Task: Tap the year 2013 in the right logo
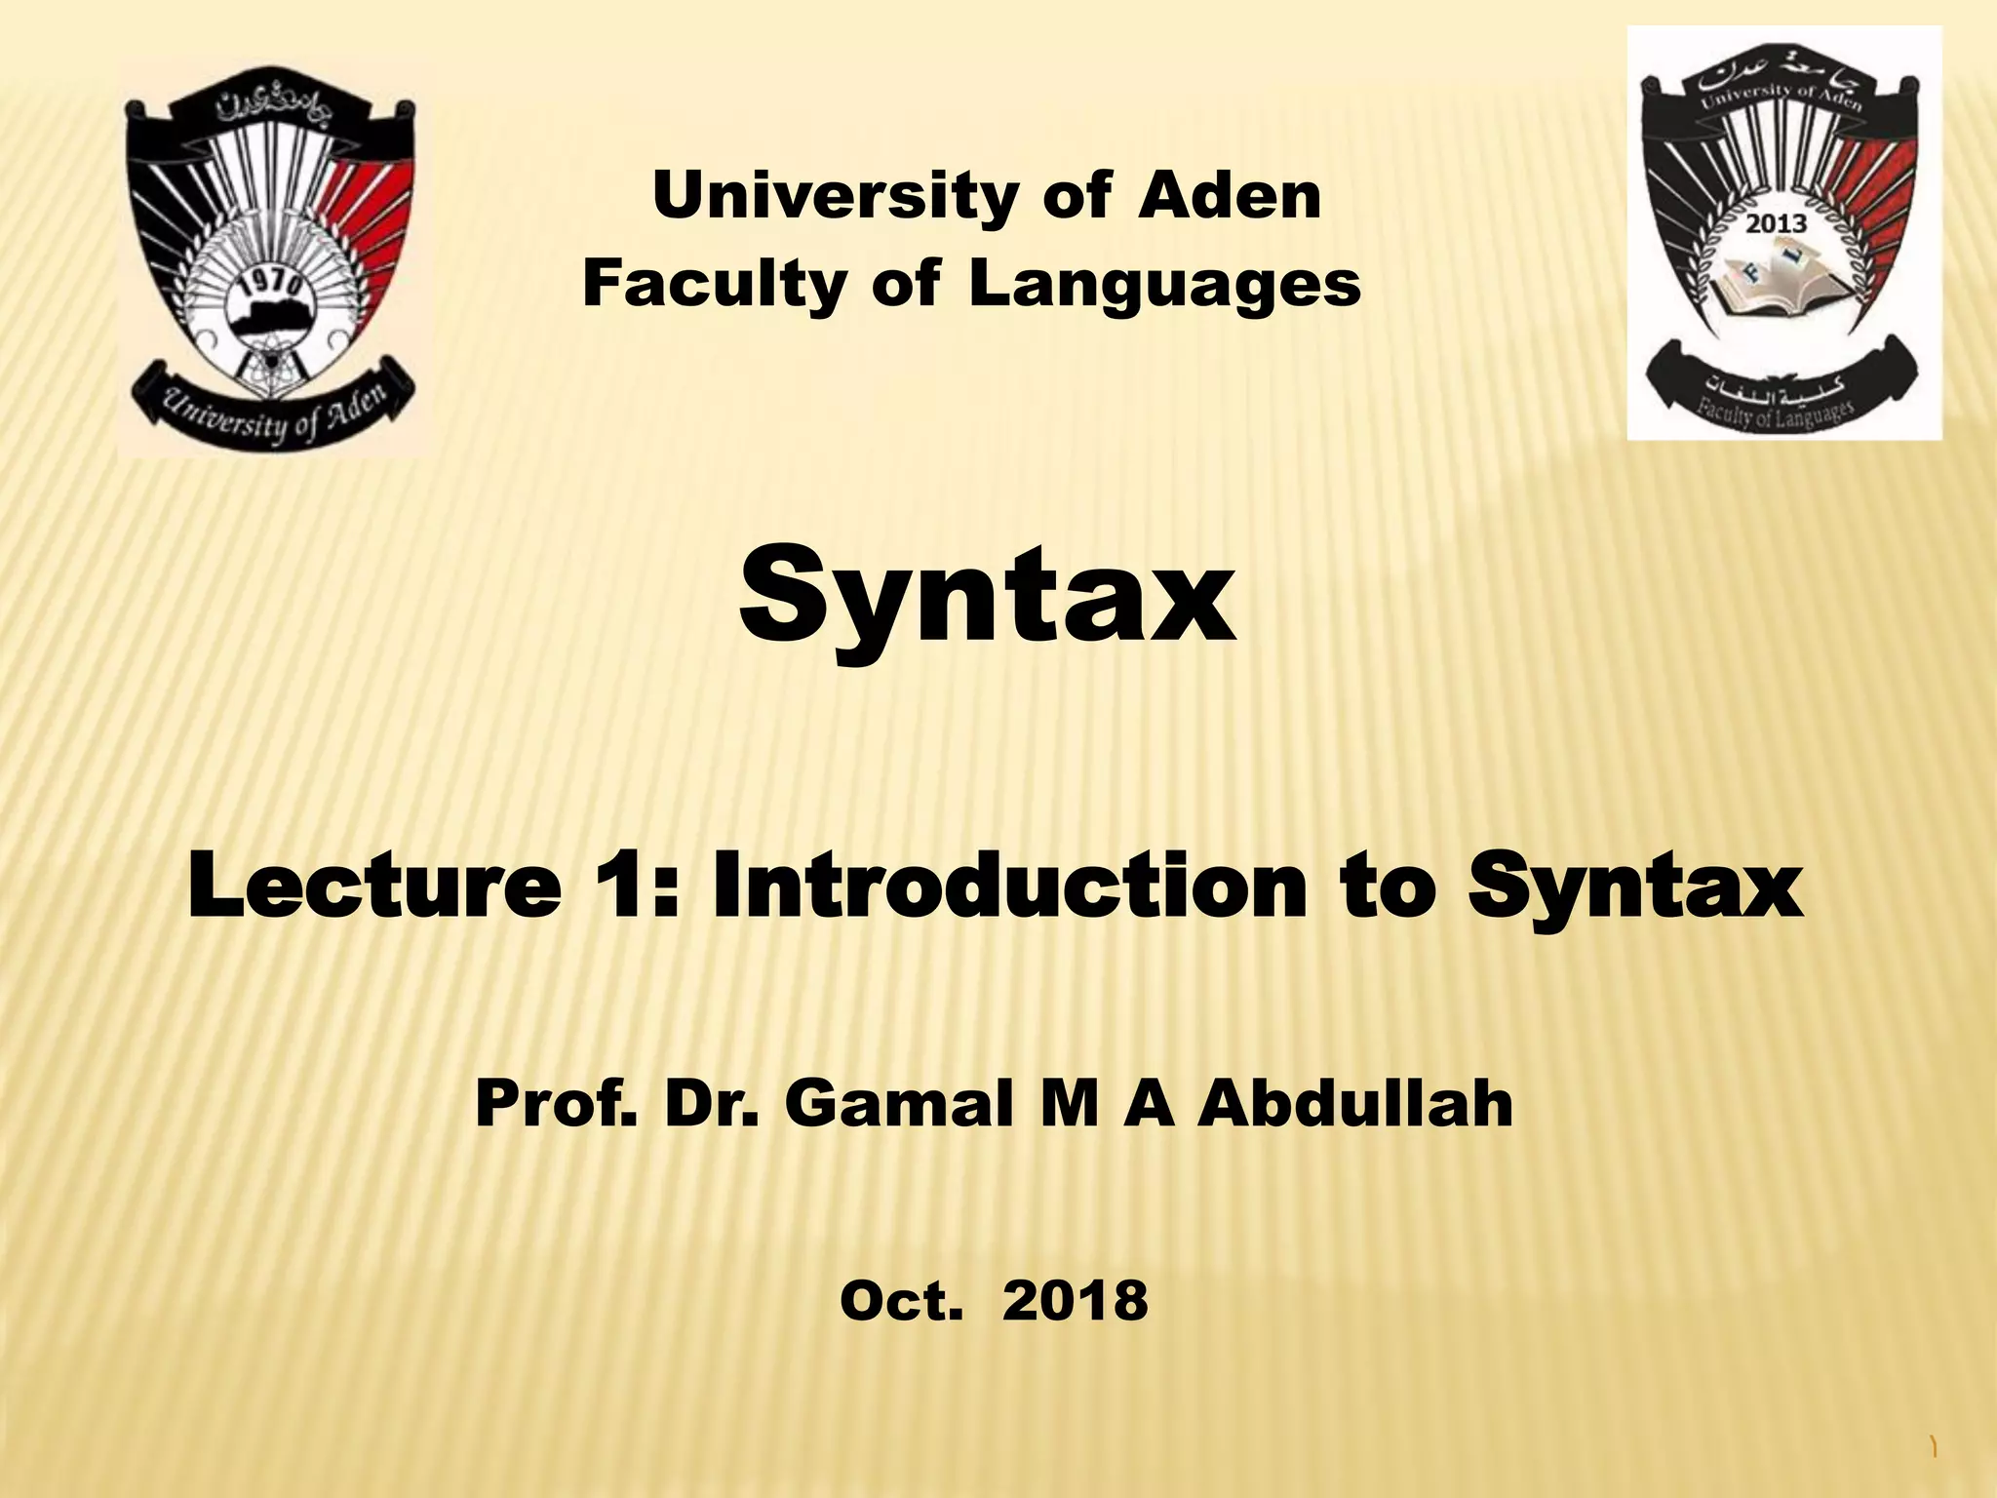click(x=1776, y=224)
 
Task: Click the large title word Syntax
click(x=987, y=597)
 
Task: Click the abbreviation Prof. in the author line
click(x=556, y=1105)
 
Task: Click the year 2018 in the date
click(x=1075, y=1302)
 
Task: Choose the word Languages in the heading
click(x=1164, y=285)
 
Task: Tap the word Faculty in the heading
click(x=715, y=285)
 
